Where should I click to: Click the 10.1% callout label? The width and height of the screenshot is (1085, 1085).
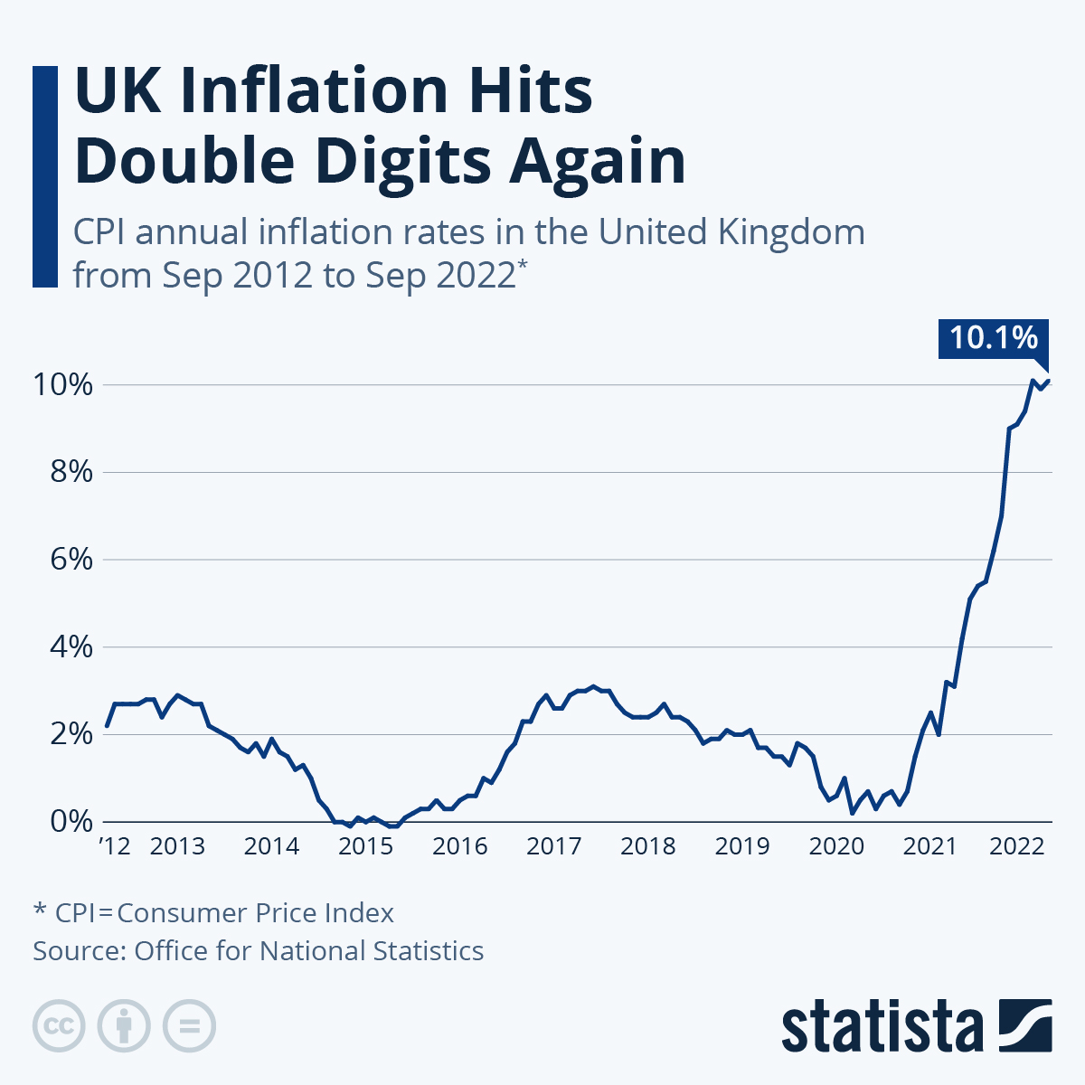tap(993, 338)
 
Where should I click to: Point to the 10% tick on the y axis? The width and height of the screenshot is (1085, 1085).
tap(63, 384)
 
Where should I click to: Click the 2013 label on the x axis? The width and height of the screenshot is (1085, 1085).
tap(177, 846)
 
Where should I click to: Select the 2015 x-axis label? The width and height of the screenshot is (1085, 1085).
tap(365, 846)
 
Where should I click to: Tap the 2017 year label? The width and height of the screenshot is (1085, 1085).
tap(553, 846)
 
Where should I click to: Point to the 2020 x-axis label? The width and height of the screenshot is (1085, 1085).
tap(836, 846)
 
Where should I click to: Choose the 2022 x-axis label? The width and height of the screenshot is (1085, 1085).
tap(1017, 846)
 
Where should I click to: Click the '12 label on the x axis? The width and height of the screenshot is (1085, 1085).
tap(115, 846)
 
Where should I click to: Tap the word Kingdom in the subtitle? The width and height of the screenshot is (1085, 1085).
tap(791, 232)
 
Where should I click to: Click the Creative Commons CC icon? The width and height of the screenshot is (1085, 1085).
tap(59, 1026)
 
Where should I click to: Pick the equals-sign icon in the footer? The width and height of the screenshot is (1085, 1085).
tap(189, 1026)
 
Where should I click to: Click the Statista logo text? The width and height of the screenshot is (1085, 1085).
tap(882, 1027)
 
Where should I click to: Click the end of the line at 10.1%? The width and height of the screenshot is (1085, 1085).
tap(1049, 380)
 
